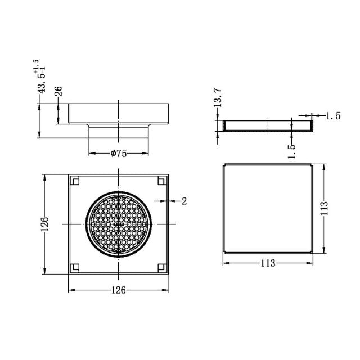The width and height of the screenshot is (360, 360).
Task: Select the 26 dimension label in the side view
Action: point(58,92)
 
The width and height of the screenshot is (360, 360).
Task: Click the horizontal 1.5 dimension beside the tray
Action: point(333,116)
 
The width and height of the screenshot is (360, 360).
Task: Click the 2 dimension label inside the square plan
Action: point(184,200)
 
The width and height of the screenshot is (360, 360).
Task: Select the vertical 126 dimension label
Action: point(46,224)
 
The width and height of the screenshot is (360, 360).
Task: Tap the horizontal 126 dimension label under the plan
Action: point(118,290)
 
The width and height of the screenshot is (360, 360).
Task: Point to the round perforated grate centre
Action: point(119,224)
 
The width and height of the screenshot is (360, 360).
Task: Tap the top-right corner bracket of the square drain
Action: point(162,181)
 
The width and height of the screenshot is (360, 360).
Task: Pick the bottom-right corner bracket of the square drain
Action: point(162,267)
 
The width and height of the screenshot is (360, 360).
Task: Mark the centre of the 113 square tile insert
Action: point(268,208)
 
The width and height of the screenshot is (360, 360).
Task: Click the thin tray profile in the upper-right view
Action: point(268,125)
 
